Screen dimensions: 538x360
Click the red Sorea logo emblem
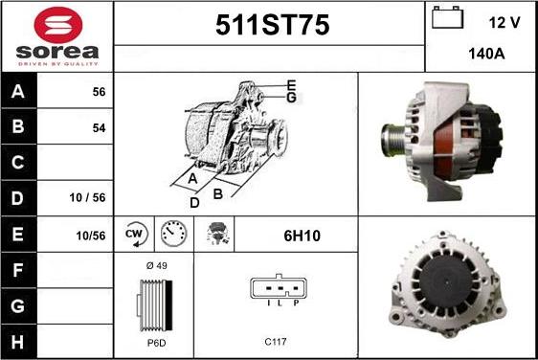point(58,25)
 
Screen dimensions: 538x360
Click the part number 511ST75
point(273,25)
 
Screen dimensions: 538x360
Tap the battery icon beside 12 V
point(447,17)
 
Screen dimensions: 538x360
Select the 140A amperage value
point(486,54)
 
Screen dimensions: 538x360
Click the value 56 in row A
point(99,92)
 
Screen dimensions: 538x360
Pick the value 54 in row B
point(99,128)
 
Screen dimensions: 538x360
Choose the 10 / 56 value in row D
point(87,197)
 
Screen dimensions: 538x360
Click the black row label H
point(18,342)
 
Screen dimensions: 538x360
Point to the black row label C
point(18,162)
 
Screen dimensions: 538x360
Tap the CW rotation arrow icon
point(136,235)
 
